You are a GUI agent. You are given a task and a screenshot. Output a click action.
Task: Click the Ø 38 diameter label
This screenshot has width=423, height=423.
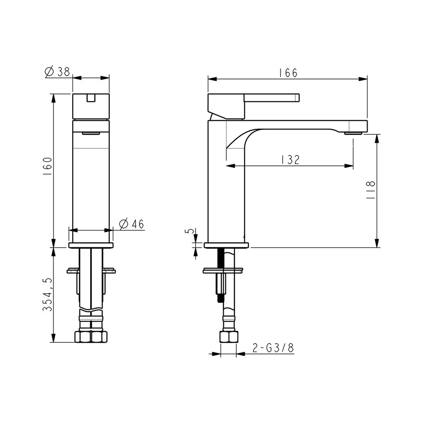(57, 72)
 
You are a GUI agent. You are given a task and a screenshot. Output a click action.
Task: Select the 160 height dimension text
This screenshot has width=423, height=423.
(47, 166)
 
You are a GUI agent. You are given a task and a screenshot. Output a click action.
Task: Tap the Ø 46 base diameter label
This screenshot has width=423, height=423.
(132, 224)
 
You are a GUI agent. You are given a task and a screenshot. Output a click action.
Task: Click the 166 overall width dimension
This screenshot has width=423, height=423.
(288, 73)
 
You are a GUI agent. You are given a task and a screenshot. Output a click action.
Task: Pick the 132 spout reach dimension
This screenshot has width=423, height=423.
(290, 160)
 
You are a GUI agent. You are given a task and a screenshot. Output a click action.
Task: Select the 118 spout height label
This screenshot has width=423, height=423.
(371, 190)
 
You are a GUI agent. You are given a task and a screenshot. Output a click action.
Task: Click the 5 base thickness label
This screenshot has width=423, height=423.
(191, 231)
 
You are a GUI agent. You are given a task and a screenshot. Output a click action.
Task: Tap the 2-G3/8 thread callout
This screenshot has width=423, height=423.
(273, 348)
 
